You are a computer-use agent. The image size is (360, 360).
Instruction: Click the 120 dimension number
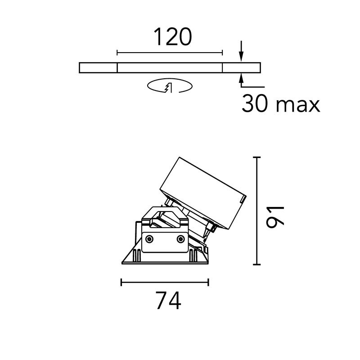click(x=173, y=37)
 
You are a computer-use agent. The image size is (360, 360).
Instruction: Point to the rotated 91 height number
click(x=274, y=216)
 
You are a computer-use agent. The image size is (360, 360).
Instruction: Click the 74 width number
click(x=168, y=301)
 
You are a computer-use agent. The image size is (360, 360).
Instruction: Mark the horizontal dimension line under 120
click(x=170, y=53)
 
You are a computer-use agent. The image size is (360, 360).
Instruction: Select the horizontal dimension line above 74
click(x=165, y=283)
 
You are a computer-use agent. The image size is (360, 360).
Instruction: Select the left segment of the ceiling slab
click(x=98, y=67)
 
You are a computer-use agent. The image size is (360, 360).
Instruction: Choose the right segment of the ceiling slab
click(x=242, y=67)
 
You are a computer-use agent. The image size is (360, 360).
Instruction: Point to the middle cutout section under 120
click(x=170, y=67)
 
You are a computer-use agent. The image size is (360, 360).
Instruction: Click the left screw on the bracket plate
click(x=150, y=238)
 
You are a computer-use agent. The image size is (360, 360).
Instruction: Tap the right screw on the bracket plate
click(x=180, y=238)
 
